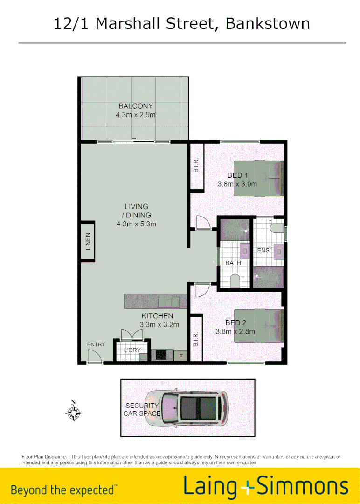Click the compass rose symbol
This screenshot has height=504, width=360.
74,412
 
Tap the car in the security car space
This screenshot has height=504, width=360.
186,407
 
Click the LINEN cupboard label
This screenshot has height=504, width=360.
88,241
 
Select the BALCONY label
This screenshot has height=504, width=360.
136,106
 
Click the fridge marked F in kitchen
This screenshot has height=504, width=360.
181,356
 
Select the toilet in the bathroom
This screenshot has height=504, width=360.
235,281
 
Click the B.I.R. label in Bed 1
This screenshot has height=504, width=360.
196,166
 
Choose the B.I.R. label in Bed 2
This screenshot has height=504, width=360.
196,339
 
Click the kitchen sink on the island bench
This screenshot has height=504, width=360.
167,301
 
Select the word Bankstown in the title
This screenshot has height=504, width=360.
268,23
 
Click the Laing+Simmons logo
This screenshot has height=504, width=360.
266,486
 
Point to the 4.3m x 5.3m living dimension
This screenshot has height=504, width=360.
136,224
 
